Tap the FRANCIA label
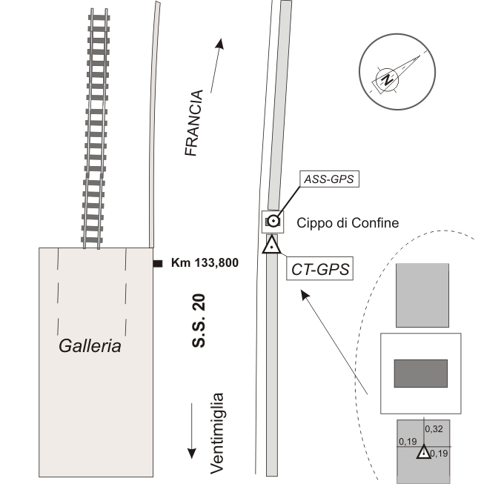click(193, 123)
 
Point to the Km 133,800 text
click(205, 262)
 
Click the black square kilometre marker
click(158, 263)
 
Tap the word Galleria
click(91, 345)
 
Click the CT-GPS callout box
click(318, 268)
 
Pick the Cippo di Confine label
click(348, 222)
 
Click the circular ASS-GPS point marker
click(273, 220)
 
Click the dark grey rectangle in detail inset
click(420, 373)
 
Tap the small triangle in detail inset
click(423, 453)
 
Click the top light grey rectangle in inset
click(422, 295)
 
